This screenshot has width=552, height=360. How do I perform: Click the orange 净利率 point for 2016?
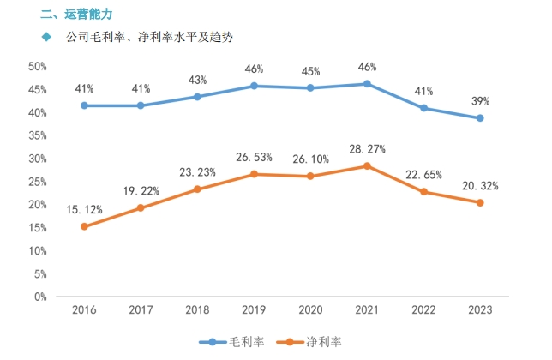click(84, 226)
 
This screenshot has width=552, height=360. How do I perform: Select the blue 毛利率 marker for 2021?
click(367, 84)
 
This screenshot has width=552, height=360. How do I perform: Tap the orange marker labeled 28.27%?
click(367, 166)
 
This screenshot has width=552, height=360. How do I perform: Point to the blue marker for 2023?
click(480, 118)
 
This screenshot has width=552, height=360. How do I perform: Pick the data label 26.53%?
click(254, 157)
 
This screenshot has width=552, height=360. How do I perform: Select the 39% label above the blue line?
click(480, 101)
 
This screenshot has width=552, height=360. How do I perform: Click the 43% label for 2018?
click(197, 80)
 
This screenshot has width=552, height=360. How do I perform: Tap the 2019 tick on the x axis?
click(254, 310)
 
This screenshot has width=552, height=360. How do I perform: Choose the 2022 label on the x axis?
click(423, 310)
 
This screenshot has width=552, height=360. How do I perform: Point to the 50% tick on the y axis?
click(37, 67)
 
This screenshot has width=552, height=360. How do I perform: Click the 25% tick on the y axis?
click(37, 182)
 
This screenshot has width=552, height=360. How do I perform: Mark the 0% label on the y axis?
click(39, 297)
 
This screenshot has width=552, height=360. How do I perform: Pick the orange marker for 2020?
click(310, 177)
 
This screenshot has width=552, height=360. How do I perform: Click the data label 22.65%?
click(424, 175)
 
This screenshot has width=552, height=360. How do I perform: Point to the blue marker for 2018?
click(197, 97)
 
